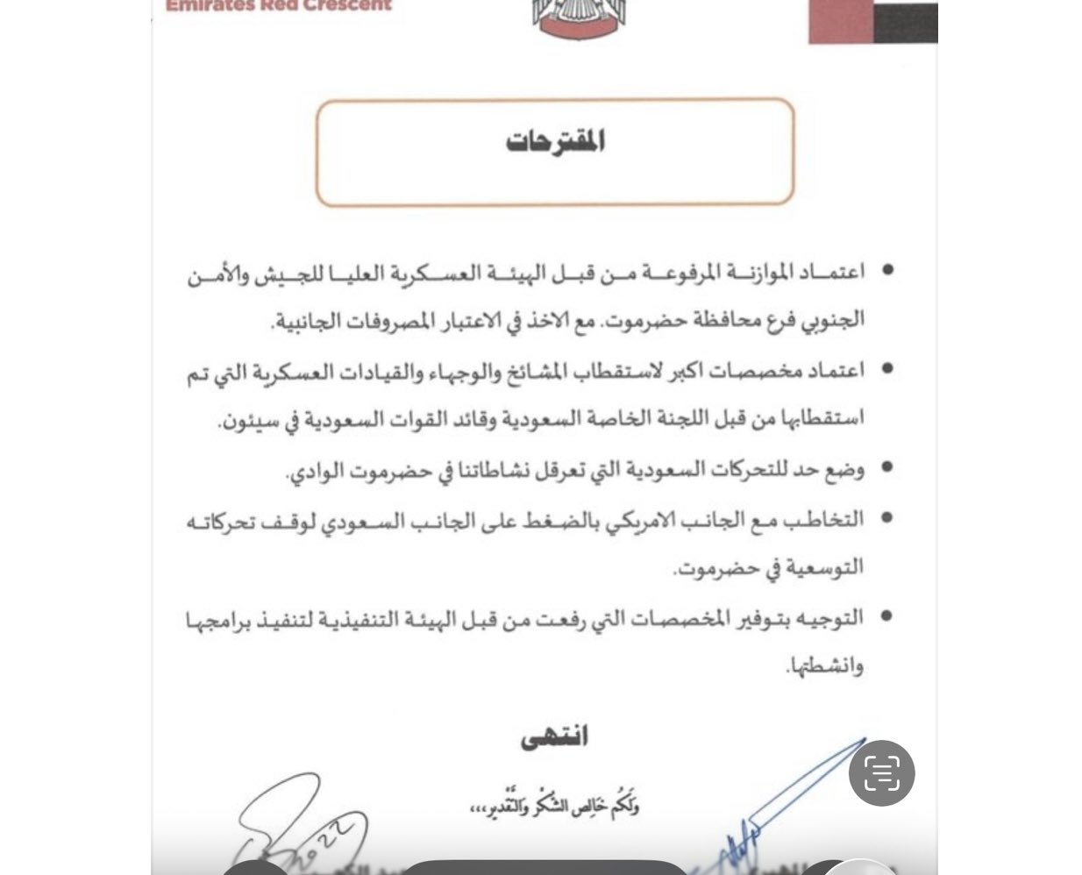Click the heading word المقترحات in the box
(555, 141)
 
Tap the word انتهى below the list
(554, 736)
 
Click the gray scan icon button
(881, 772)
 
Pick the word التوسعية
(824, 567)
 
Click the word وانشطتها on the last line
(825, 666)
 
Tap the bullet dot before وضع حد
(886, 467)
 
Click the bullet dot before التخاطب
(886, 517)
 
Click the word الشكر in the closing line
(552, 804)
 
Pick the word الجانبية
(307, 320)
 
